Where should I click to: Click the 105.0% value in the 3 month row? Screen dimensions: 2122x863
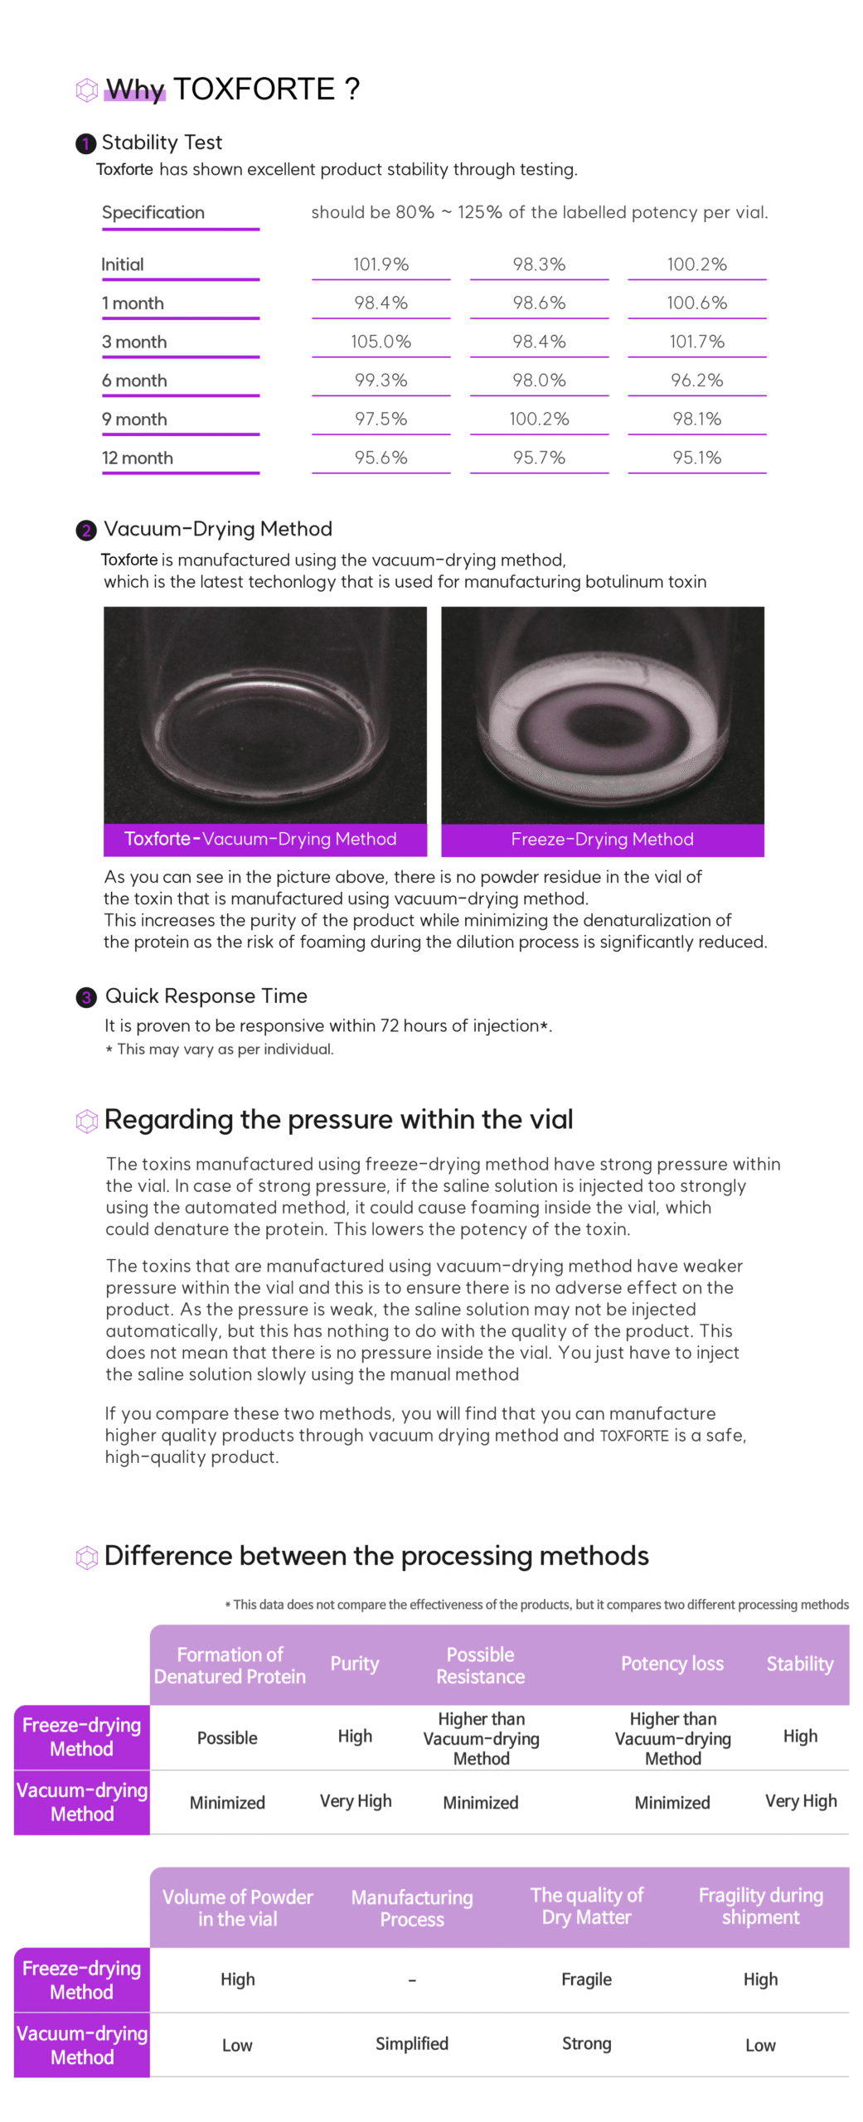(x=381, y=341)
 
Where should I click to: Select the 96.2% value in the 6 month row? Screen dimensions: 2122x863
(x=696, y=380)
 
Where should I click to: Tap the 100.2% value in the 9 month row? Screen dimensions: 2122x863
(x=539, y=419)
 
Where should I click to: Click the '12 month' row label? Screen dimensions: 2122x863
(x=138, y=458)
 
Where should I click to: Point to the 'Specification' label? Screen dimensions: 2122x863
(x=153, y=212)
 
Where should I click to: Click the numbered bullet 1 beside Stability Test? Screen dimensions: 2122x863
(x=85, y=143)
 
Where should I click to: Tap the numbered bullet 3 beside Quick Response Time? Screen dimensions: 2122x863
(x=86, y=996)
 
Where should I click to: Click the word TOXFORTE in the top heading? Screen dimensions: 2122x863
(x=254, y=89)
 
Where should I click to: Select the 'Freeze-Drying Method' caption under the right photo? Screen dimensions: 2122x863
(x=602, y=839)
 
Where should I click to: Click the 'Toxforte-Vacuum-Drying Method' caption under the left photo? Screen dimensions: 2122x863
(x=260, y=839)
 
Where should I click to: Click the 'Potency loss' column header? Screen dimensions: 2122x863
(x=671, y=1663)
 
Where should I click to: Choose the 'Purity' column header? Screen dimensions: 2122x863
(x=355, y=1663)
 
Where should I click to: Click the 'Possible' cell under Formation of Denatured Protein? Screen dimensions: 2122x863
(x=227, y=1737)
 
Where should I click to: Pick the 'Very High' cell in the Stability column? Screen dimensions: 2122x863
(x=800, y=1800)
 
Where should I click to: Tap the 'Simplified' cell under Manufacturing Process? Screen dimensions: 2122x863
(x=412, y=2043)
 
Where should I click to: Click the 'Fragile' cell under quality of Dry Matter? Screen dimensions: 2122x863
(x=586, y=1979)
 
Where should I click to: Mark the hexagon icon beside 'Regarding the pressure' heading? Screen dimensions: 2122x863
(x=86, y=1121)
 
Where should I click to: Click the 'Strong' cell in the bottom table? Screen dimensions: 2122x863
(x=586, y=2043)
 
